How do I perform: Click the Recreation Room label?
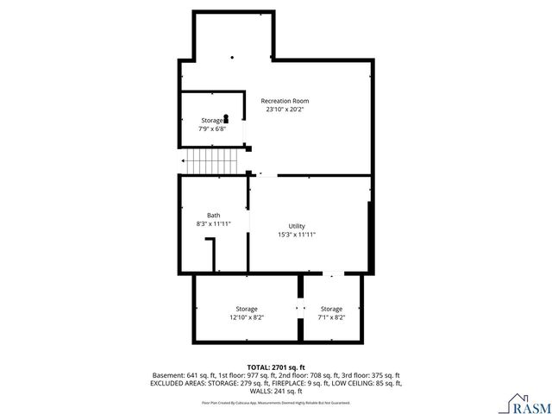[285, 101]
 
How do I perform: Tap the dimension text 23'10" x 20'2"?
[285, 110]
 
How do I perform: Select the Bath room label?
[213, 215]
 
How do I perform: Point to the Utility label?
[297, 226]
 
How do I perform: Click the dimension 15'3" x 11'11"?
[297, 235]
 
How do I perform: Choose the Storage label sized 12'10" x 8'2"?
[247, 309]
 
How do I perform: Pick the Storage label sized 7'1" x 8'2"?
[331, 309]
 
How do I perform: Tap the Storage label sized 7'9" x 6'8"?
[211, 120]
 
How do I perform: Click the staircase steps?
[214, 160]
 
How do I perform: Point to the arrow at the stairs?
[185, 160]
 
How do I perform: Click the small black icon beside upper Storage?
[227, 119]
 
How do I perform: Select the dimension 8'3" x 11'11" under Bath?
[213, 224]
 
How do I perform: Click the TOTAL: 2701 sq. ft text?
[276, 367]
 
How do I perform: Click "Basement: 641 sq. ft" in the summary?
[184, 375]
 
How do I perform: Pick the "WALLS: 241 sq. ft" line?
[276, 391]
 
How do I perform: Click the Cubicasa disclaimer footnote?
[276, 402]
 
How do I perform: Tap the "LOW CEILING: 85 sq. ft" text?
[366, 383]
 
